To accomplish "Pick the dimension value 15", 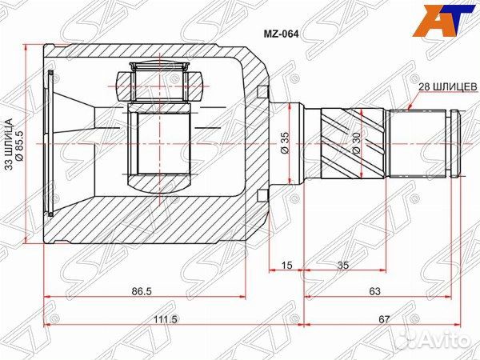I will (286, 266).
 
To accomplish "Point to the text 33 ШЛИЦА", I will (10, 145).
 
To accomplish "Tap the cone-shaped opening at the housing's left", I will (72, 145).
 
